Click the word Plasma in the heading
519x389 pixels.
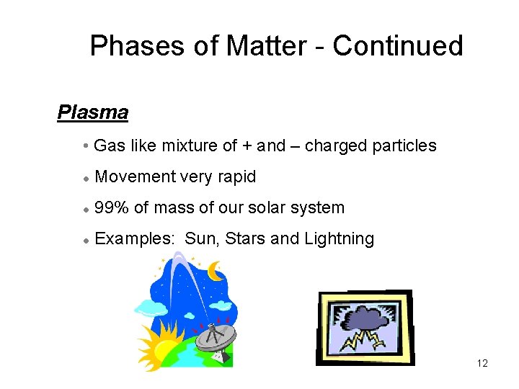pos(92,113)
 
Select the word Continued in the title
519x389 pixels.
pos(397,46)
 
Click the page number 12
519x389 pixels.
pos(482,363)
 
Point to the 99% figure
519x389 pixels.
pos(112,208)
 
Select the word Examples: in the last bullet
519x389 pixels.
pos(135,239)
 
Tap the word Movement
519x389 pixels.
pos(136,177)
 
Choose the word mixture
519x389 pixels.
pos(190,146)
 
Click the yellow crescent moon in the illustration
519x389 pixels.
pos(215,271)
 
